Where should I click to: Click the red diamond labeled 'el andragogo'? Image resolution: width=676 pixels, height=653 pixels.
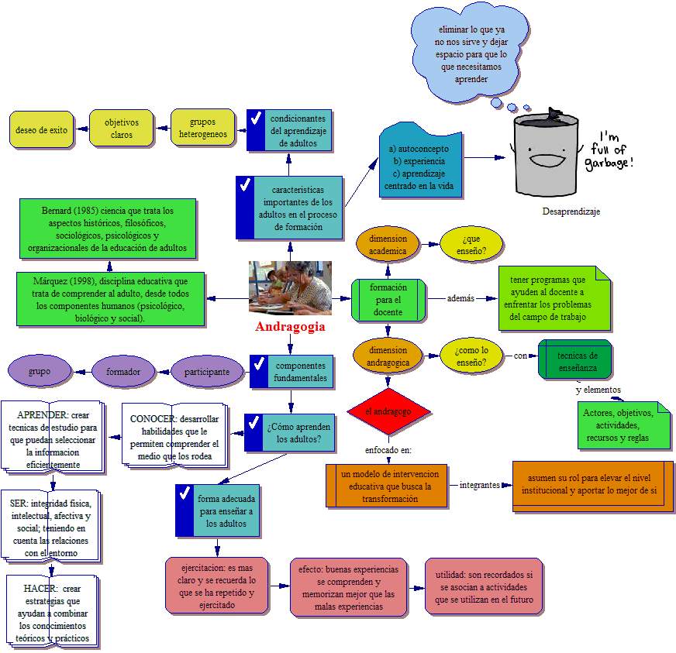point(388,411)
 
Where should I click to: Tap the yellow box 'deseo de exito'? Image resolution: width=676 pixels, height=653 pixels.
point(41,130)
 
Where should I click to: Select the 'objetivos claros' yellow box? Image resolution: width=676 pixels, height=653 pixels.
point(121,129)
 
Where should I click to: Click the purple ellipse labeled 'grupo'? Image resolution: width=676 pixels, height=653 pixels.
point(40,372)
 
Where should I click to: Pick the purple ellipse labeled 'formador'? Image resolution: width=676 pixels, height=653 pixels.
point(123,372)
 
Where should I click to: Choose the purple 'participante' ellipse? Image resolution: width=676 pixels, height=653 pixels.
point(207,372)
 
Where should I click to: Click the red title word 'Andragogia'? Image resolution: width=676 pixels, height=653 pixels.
point(290,327)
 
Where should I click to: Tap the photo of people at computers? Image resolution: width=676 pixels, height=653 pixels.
point(290,287)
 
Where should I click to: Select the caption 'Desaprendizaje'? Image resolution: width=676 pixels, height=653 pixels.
point(571,211)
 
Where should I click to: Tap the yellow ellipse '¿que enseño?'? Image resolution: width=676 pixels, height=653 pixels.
point(471,244)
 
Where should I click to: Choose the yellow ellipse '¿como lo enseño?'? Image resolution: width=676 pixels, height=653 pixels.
point(471,356)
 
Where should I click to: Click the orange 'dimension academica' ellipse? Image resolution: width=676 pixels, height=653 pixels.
point(388,244)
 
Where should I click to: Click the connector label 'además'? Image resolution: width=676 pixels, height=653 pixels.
point(461,298)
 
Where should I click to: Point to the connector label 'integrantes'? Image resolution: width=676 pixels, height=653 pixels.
point(480,486)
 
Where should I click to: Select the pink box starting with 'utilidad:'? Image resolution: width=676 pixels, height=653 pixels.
point(483,586)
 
